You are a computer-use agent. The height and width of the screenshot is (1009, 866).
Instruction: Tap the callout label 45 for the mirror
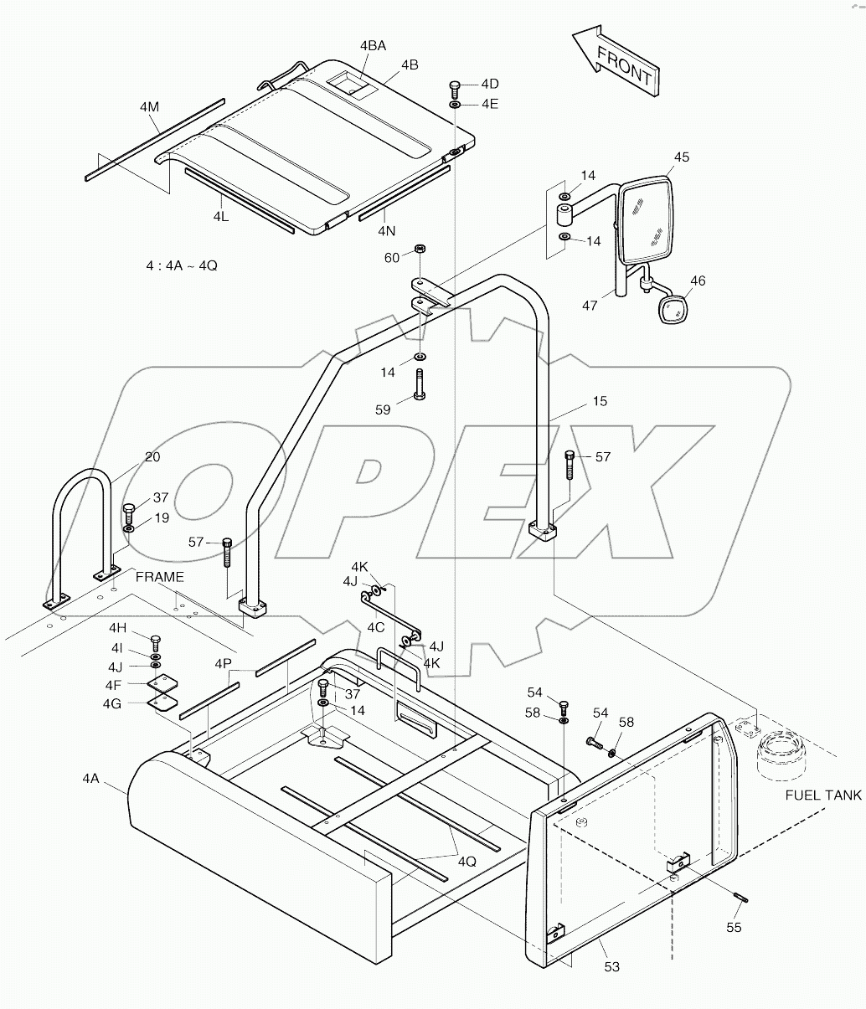681,157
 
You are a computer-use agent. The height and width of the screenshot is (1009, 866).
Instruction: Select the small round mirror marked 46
673,310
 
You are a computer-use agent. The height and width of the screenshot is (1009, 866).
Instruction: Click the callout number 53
611,968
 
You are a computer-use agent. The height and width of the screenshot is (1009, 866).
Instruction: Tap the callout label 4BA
373,46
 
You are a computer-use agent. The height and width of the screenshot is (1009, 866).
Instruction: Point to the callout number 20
152,457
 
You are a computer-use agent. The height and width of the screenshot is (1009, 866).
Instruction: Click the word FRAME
159,577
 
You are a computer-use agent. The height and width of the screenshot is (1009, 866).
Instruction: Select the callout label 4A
90,779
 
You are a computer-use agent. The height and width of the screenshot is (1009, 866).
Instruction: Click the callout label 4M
149,106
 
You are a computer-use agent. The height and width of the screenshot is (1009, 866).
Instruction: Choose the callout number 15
599,401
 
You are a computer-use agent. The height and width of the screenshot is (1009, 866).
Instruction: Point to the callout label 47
590,306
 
